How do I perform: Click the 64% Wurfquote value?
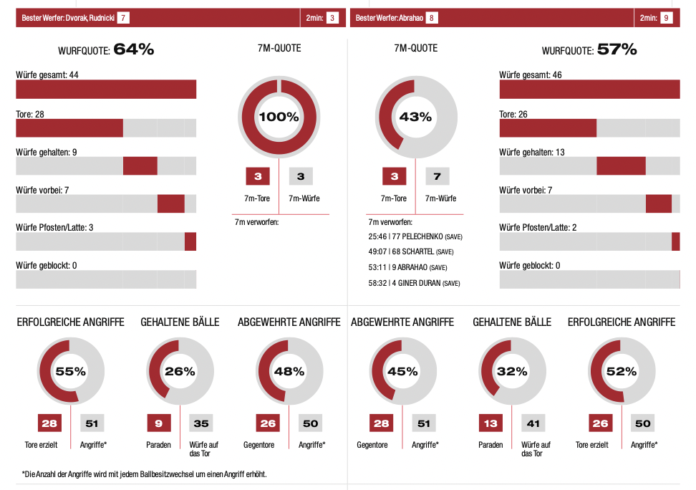134,49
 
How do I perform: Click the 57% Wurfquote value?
617,49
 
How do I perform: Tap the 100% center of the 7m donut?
279,117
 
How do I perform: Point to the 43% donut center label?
415,117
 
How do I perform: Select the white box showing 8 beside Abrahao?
432,17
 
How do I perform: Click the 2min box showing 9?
667,17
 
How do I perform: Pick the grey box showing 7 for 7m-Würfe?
437,176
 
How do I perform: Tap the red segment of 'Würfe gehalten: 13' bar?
621,165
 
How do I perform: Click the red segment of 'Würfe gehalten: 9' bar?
140,165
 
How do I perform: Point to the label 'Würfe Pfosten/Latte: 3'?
55,228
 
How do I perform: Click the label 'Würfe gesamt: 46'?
530,75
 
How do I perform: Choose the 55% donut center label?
70,371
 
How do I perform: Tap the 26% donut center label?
180,371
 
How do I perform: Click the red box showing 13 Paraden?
490,423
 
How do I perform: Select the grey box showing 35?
201,423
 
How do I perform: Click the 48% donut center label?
289,371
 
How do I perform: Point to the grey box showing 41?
533,423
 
